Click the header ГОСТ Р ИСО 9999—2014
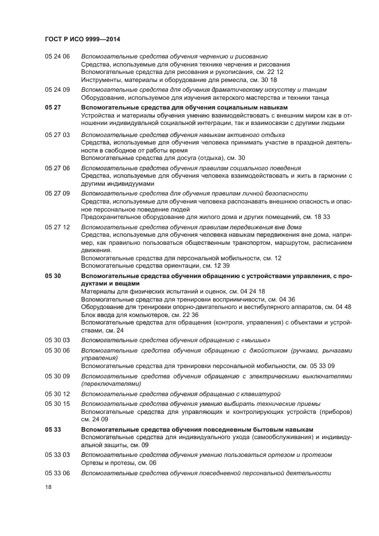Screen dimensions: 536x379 pyautogui.click(x=81, y=39)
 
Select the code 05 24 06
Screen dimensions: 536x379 pyautogui.click(x=57, y=56)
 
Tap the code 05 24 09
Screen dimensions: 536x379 pyautogui.click(x=57, y=90)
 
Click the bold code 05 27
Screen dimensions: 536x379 pyautogui.click(x=53, y=107)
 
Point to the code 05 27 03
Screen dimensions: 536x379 pyautogui.click(x=57, y=134)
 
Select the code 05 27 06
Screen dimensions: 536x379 pyautogui.click(x=57, y=168)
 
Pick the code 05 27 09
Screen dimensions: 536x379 pyautogui.click(x=57, y=194)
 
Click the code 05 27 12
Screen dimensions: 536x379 pyautogui.click(x=57, y=227)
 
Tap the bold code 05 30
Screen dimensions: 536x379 pyautogui.click(x=53, y=276)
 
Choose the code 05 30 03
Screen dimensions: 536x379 pyautogui.click(x=57, y=340)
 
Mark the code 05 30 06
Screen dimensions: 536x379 pyautogui.click(x=57, y=350)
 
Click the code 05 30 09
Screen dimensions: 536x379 pyautogui.click(x=57, y=376)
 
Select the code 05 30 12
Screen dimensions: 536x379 pyautogui.click(x=57, y=394)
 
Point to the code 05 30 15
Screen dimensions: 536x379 pyautogui.click(x=57, y=404)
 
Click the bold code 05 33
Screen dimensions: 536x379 pyautogui.click(x=53, y=429)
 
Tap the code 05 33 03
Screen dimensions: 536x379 pyautogui.click(x=57, y=455)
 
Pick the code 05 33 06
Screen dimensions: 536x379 pyautogui.click(x=57, y=473)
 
